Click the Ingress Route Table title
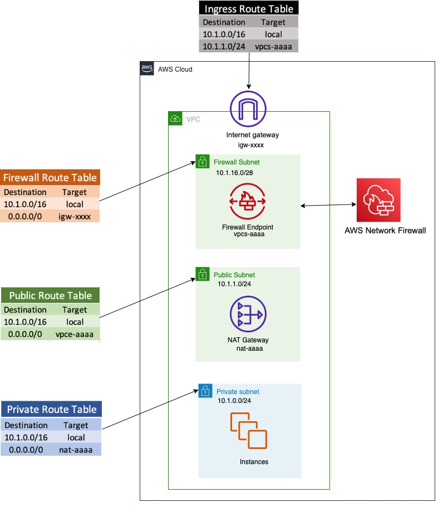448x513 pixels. pos(249,8)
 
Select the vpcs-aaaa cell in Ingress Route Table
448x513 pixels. pos(273,46)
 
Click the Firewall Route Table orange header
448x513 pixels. pos(50,178)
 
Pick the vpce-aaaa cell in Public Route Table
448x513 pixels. pos(75,334)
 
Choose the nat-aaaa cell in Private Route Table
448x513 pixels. pos(76,449)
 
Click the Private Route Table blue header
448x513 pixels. pos(52,410)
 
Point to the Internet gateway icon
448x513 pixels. pos(249,109)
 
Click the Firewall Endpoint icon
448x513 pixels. pos(248,203)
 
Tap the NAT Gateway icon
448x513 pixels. pos(248,315)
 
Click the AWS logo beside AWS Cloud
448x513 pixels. pos(147,68)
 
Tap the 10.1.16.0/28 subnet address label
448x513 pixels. pos(236,173)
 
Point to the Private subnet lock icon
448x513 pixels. pos(205,390)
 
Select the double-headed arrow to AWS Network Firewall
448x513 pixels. pos(328,206)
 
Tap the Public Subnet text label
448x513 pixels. pos(234,275)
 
